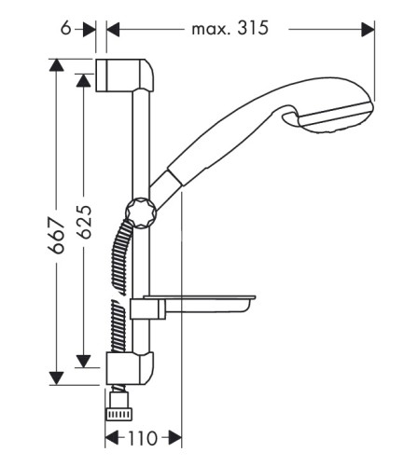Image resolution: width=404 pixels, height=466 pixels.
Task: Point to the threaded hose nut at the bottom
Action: coord(118,407)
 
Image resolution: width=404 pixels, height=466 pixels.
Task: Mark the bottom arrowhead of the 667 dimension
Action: coord(57,377)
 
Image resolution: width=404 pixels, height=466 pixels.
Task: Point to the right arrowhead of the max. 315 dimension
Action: coord(368,28)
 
